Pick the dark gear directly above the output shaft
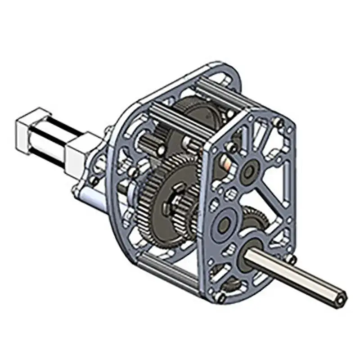(x=255, y=218)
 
